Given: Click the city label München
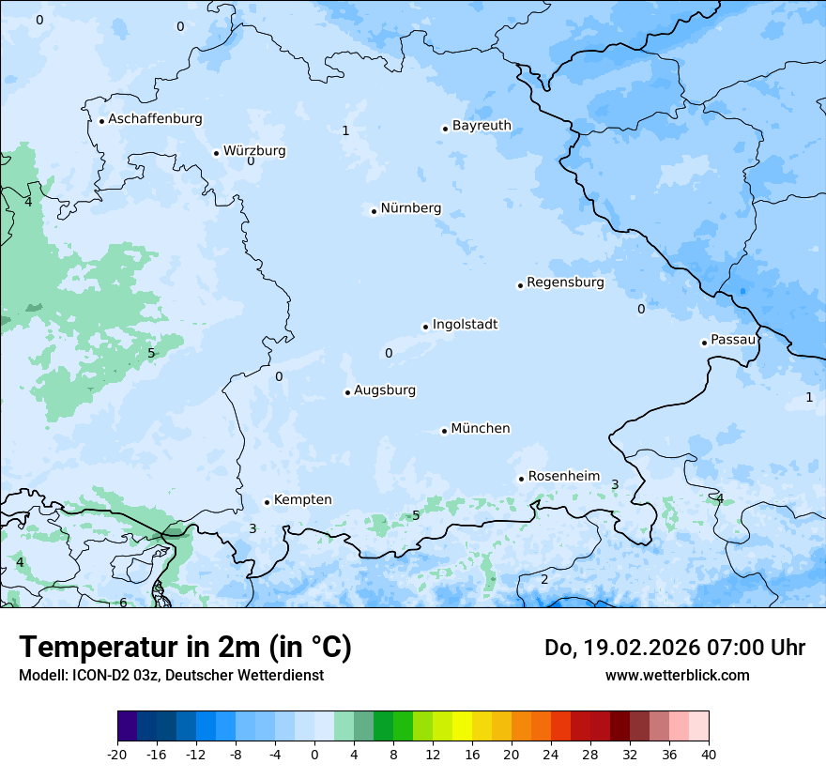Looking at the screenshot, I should [481, 429].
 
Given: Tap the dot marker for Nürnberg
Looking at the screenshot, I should [374, 211].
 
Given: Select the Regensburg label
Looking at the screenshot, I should [565, 283].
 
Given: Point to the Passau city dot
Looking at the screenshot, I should [704, 343].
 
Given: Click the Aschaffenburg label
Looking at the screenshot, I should [155, 119].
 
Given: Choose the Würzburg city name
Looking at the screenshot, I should [254, 151].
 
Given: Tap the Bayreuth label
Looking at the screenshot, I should [482, 126].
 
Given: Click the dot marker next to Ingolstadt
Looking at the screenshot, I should [425, 328].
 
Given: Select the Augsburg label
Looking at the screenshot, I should [385, 390].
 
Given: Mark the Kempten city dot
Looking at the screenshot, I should [267, 502].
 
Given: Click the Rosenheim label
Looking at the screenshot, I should [563, 477].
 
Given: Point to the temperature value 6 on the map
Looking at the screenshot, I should [123, 603].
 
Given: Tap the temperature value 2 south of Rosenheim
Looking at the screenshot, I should [544, 579].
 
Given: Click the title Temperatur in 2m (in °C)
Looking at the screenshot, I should [185, 647].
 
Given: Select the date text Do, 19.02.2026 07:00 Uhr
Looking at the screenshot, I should [675, 648].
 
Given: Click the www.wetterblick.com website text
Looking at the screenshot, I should [677, 675].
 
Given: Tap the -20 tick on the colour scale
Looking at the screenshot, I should [117, 754].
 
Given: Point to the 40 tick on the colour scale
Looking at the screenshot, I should [709, 754].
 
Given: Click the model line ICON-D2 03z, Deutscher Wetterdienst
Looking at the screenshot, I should [171, 675].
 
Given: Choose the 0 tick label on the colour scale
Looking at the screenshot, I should [314, 754].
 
